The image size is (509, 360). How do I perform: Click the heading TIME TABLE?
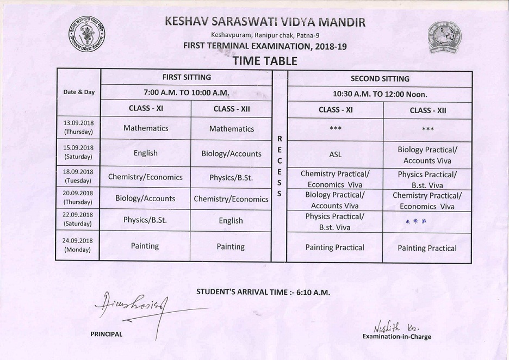[265, 60]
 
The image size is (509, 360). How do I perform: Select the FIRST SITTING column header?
[187, 78]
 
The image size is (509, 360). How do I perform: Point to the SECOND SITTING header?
[380, 79]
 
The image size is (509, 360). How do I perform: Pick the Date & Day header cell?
[79, 92]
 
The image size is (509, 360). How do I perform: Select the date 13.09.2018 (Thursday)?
[79, 128]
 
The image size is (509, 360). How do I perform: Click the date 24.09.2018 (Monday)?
[79, 246]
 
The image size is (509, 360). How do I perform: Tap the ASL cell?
[336, 154]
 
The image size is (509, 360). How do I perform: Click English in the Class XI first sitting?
[145, 153]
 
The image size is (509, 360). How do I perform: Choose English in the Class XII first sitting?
[231, 221]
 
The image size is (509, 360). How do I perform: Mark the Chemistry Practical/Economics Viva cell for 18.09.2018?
[335, 179]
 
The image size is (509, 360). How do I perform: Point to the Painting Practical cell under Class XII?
[427, 248]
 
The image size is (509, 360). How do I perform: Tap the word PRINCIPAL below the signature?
[106, 334]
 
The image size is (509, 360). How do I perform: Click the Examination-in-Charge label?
[396, 337]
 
